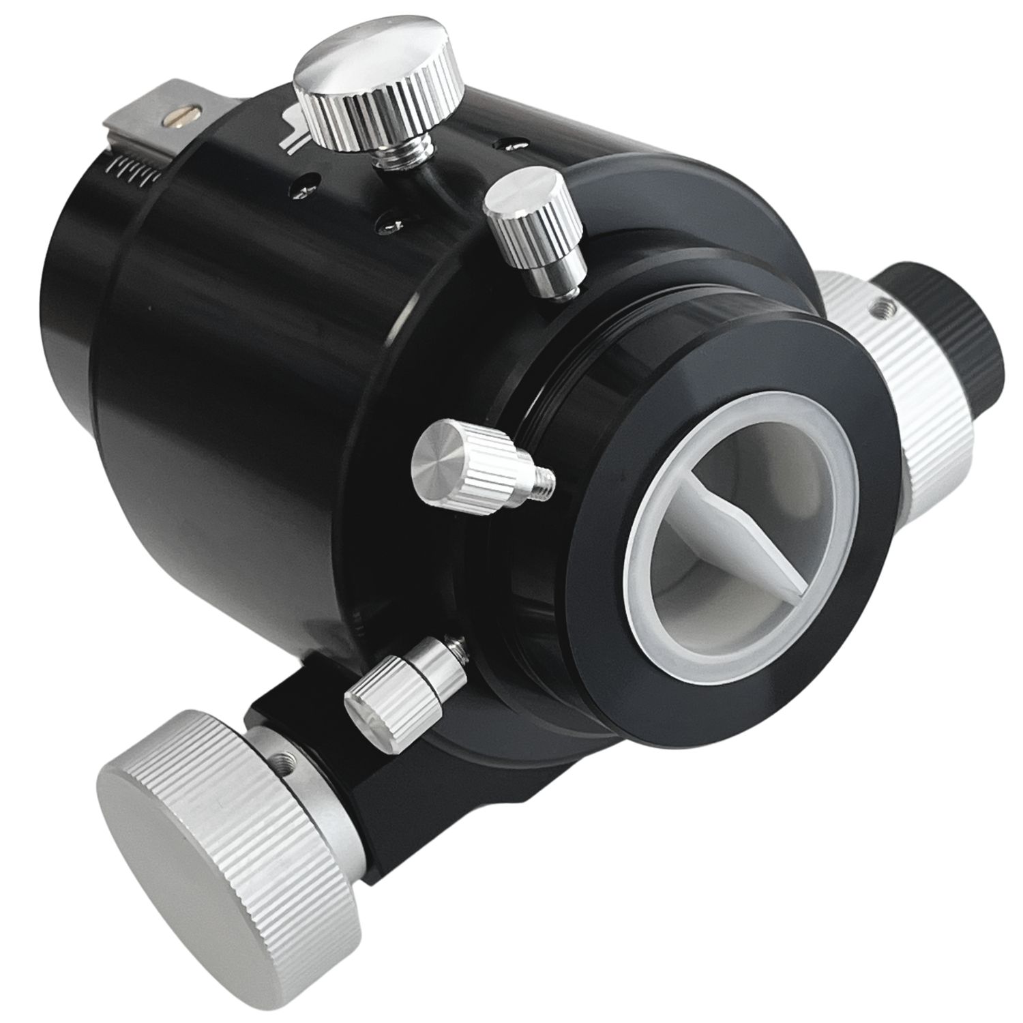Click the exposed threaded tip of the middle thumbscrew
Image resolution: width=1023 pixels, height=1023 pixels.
(x=542, y=486)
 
